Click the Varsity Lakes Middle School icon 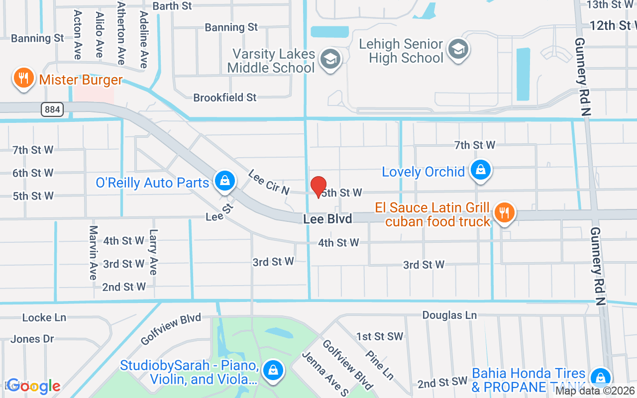[x=329, y=60]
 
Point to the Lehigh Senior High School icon [x=457, y=49]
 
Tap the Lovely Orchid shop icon [x=480, y=170]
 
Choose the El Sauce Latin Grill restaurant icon [x=505, y=213]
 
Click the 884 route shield [x=52, y=109]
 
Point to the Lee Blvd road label [x=327, y=219]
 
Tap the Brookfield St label [x=225, y=98]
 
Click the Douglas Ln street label [x=449, y=315]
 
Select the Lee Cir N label [x=269, y=181]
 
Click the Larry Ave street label [x=153, y=252]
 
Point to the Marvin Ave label [x=93, y=252]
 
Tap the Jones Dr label [x=32, y=339]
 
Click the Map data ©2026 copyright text [x=594, y=391]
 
